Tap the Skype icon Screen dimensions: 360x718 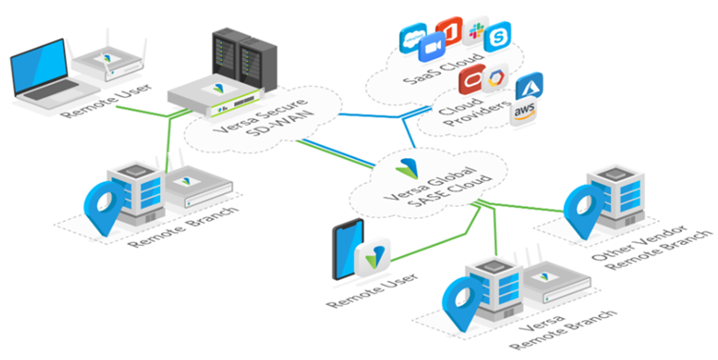coord(497,40)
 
